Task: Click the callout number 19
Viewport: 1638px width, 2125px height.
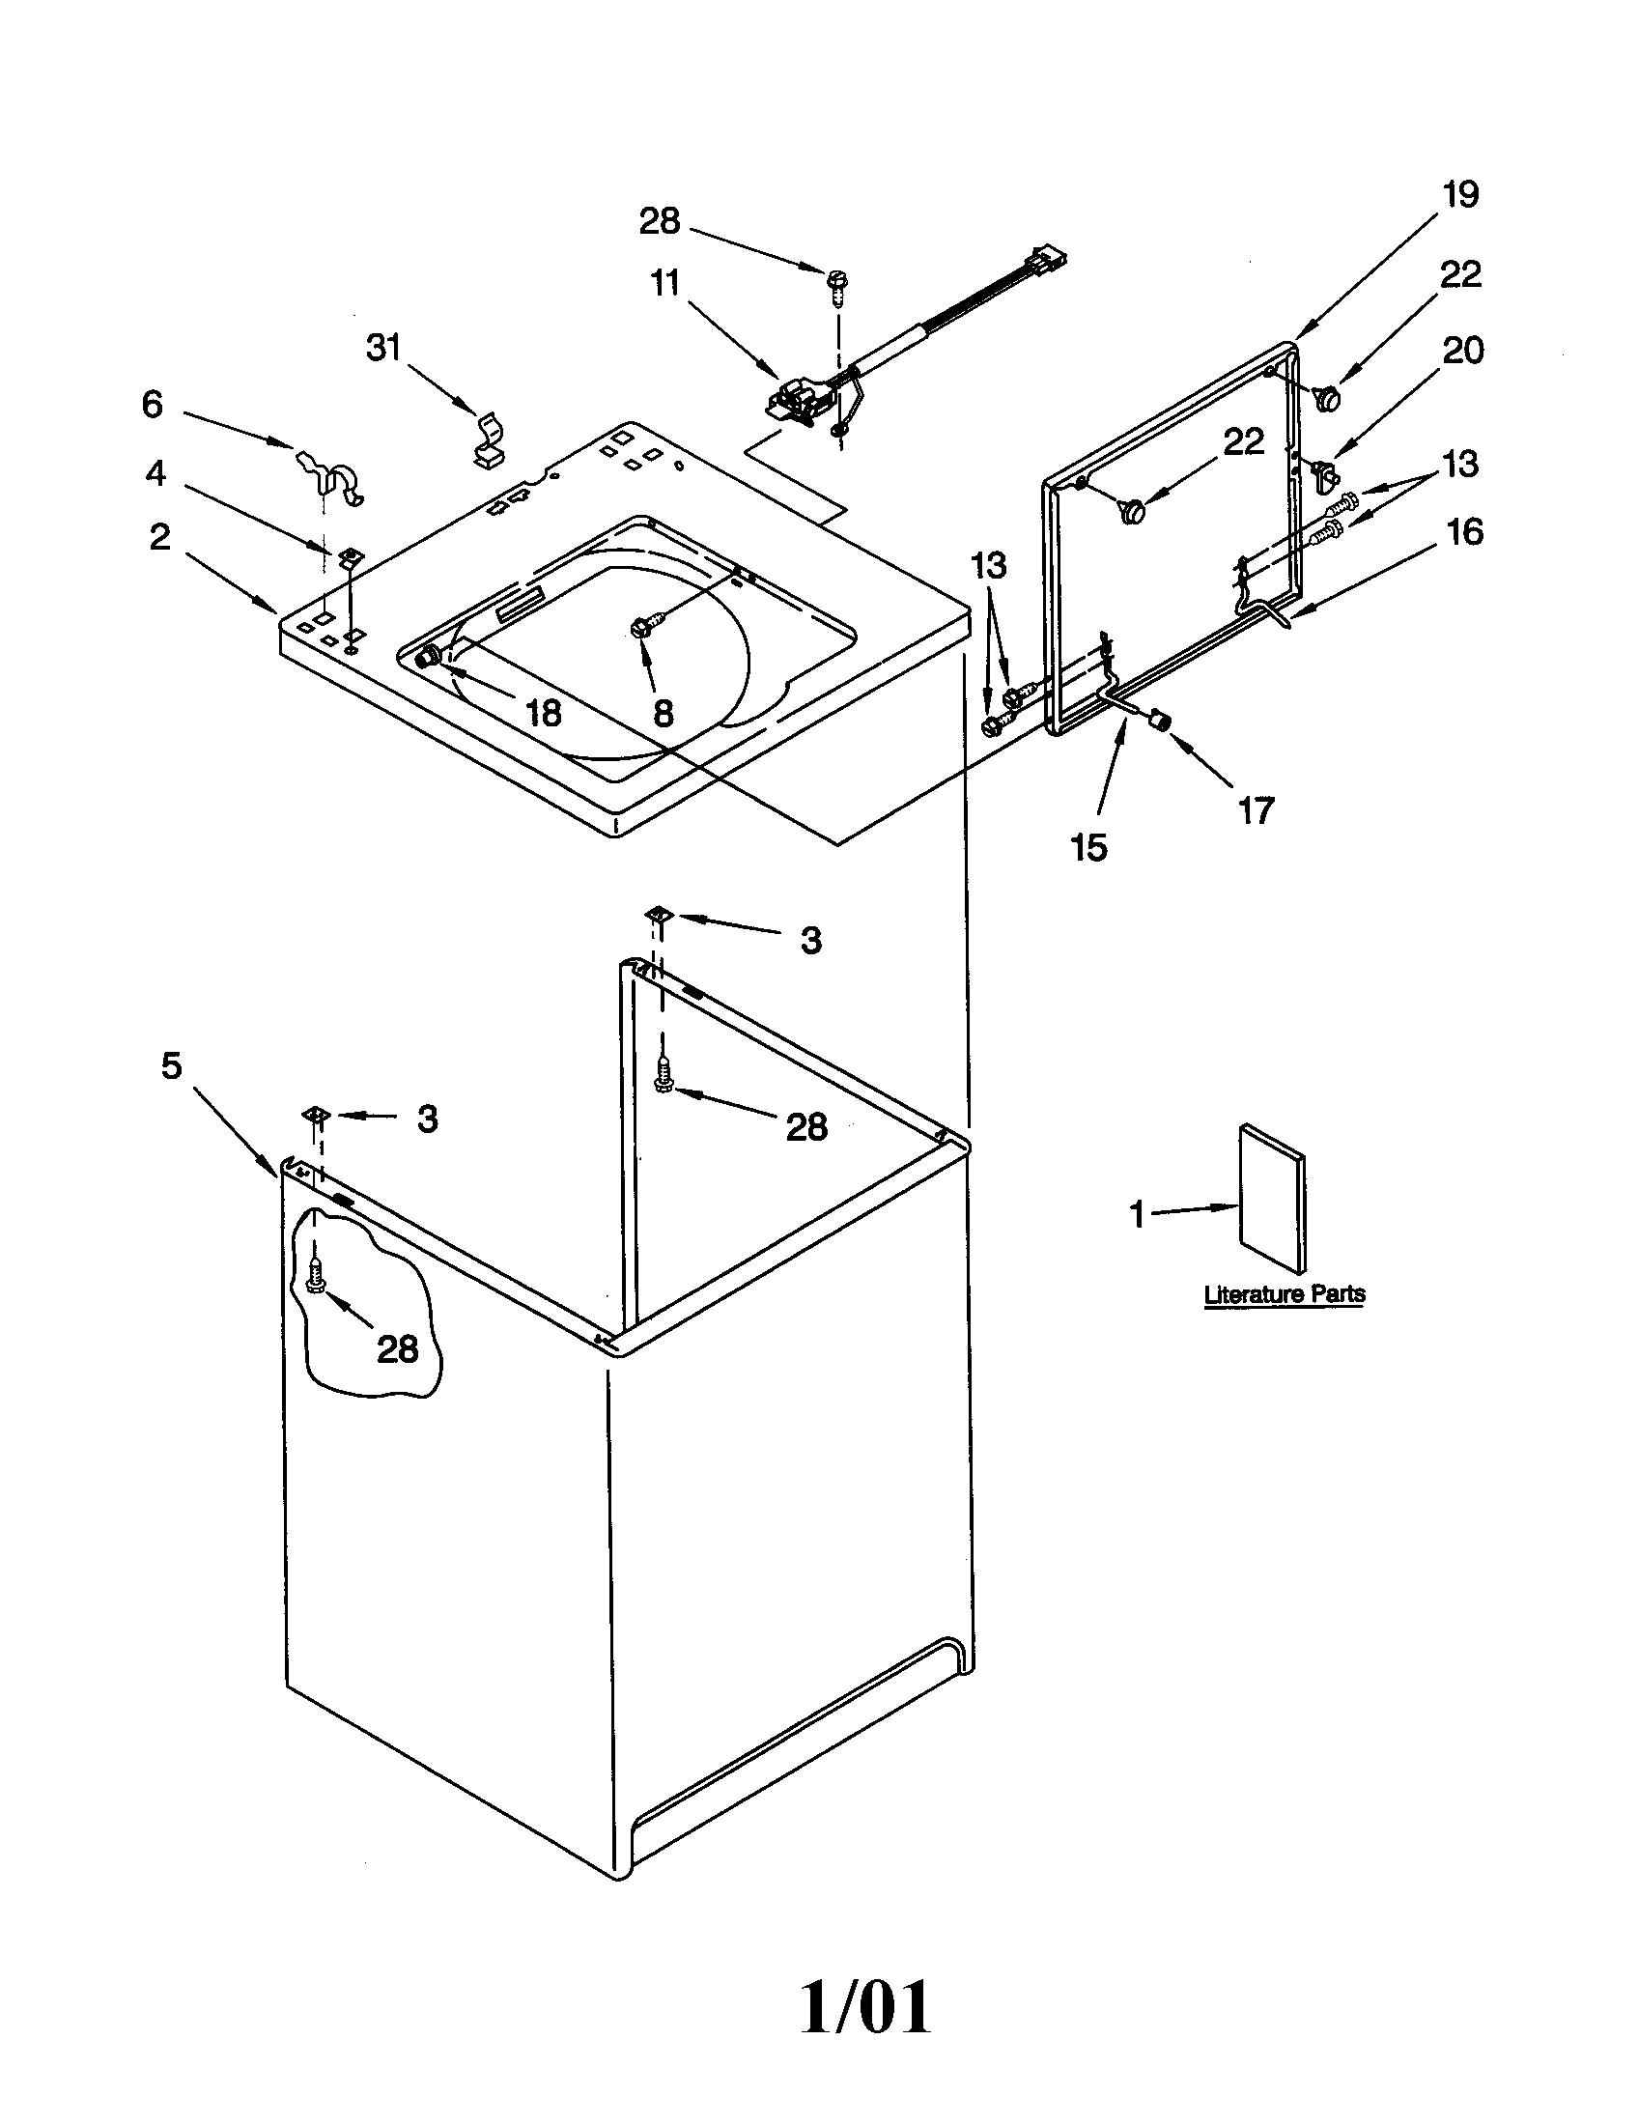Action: coord(1460,195)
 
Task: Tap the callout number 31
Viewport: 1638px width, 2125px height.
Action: coord(383,348)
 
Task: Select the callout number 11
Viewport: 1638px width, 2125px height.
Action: coord(665,284)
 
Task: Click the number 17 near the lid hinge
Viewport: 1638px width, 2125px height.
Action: coord(1256,809)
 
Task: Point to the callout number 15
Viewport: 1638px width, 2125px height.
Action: coord(1088,847)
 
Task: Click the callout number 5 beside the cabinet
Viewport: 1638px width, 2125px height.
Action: coord(171,1066)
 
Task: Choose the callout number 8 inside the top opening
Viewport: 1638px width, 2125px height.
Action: coord(663,714)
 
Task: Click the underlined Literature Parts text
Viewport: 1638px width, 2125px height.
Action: coord(1284,1295)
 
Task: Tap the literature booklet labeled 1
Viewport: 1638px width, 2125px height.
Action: coord(1272,1199)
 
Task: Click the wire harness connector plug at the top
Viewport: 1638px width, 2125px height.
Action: coord(1044,265)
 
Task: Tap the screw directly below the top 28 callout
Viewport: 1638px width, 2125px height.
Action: coord(836,280)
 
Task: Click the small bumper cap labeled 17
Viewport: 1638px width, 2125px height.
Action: coord(1158,721)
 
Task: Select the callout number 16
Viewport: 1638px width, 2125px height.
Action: coord(1464,532)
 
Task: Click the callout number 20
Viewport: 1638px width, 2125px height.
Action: coord(1462,351)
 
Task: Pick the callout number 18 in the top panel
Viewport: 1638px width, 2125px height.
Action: coord(543,714)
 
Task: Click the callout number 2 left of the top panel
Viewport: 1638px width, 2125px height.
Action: coord(159,537)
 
